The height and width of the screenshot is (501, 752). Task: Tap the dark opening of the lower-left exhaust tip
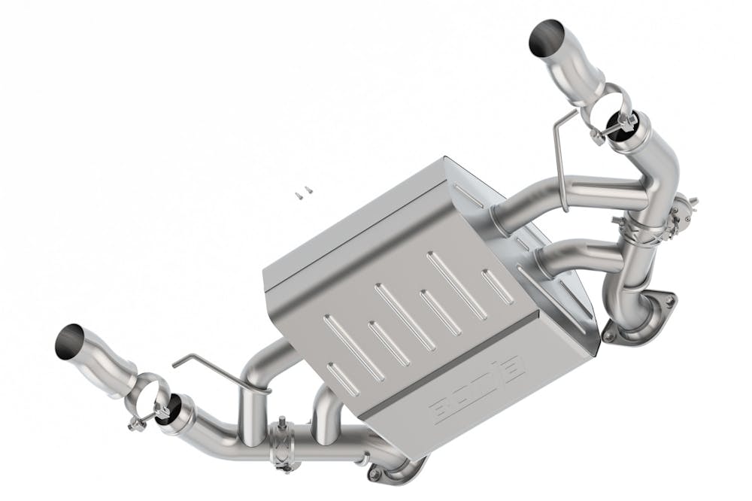pos(70,342)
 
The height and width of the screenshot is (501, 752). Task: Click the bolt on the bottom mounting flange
pos(374,475)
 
